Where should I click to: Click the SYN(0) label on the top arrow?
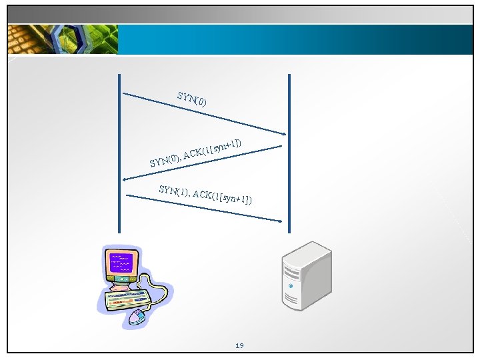tap(192, 99)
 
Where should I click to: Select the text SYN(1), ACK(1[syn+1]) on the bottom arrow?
tap(205, 193)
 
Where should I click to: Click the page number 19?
tap(239, 345)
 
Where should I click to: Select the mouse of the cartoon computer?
tap(137, 316)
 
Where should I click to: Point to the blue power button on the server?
tap(291, 285)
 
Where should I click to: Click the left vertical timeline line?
tap(120, 153)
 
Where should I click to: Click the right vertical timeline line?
tap(289, 153)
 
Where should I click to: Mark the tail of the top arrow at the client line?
tap(125, 93)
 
